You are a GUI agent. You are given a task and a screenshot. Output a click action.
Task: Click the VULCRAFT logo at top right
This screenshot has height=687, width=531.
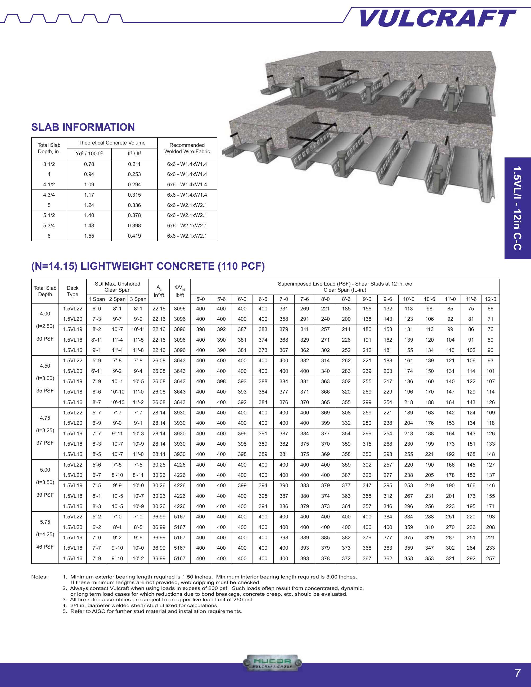pyautogui.click(x=437, y=18)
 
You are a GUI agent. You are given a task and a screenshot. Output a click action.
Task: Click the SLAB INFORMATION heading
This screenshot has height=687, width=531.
pyautogui.click(x=83, y=127)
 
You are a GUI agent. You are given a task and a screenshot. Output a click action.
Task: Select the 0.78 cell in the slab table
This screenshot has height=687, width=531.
pyautogui.click(x=89, y=164)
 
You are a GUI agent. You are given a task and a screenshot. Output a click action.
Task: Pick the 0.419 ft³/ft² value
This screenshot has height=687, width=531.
pyautogui.click(x=134, y=236)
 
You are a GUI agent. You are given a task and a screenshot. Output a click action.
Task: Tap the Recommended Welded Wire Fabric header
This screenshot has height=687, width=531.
pyautogui.click(x=187, y=148)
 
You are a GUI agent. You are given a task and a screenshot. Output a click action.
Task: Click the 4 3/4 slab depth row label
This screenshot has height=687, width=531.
pyautogui.click(x=49, y=195)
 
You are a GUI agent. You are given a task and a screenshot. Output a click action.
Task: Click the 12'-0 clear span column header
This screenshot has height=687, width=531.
pyautogui.click(x=490, y=299)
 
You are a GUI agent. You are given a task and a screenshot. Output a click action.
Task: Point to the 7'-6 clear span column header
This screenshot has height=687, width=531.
pyautogui.click(x=304, y=299)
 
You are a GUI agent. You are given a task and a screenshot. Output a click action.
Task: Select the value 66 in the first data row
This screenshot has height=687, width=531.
pyautogui.click(x=490, y=309)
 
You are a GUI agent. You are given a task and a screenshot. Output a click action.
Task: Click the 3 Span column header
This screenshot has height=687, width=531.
pyautogui.click(x=138, y=299)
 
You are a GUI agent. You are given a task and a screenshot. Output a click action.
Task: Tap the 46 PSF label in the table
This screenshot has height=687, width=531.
pyautogui.click(x=45, y=547)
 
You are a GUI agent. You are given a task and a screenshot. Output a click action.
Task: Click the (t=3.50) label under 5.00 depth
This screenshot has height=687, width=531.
pyautogui.click(x=45, y=482)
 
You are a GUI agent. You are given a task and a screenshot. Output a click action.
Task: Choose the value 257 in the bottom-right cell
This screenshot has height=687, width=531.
pyautogui.click(x=490, y=558)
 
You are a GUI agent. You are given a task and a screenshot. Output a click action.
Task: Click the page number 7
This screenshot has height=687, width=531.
pyautogui.click(x=517, y=673)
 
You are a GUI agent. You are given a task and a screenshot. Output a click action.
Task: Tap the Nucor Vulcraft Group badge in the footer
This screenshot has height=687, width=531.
pyautogui.click(x=272, y=664)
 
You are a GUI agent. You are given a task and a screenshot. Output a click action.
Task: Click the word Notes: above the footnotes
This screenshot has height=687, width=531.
pyautogui.click(x=39, y=577)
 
